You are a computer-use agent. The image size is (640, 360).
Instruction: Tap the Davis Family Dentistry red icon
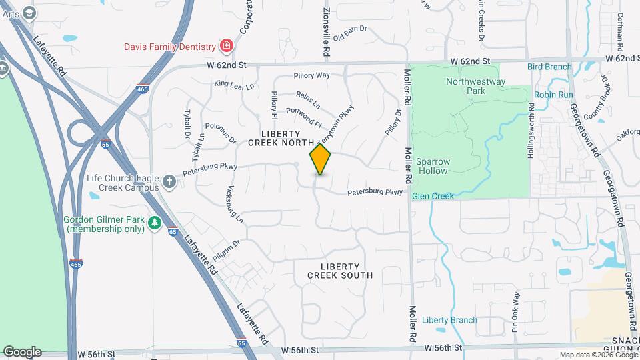point(227,46)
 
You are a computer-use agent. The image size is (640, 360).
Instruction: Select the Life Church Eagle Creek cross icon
point(169,182)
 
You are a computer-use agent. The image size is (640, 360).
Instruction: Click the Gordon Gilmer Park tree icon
point(155,223)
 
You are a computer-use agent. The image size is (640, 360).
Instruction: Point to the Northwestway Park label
point(476,86)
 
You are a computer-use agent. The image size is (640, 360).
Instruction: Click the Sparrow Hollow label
point(433,166)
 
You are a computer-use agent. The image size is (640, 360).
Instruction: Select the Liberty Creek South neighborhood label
point(340,271)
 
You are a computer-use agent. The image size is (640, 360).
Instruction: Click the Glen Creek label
point(433,196)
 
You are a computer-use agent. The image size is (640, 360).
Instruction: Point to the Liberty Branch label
point(449,320)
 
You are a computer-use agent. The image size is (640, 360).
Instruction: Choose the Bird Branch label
point(549,67)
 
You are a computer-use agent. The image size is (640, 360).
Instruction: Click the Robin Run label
point(553,95)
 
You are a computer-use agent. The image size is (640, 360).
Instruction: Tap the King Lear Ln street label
point(234,85)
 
